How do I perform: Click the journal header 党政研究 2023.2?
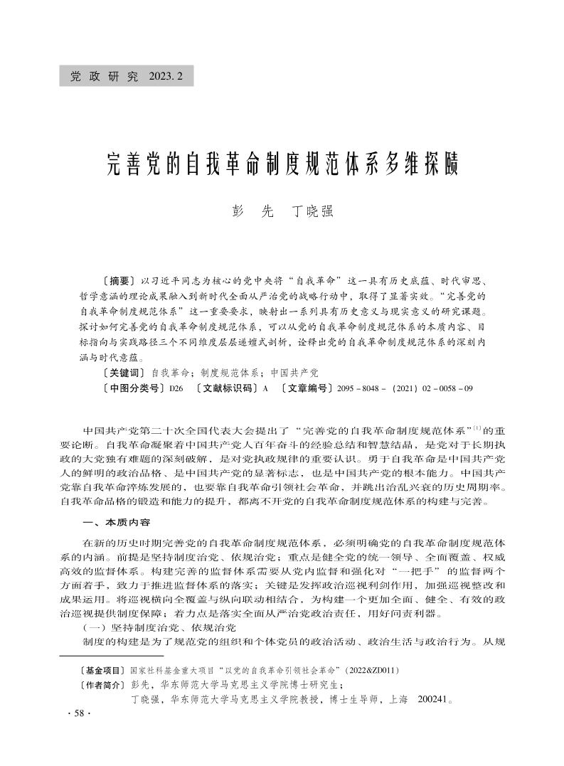[x=127, y=76]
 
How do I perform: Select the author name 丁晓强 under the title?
[x=313, y=211]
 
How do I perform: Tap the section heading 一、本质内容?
[x=117, y=523]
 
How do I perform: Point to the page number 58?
[x=75, y=714]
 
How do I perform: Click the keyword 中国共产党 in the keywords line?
[x=295, y=372]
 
